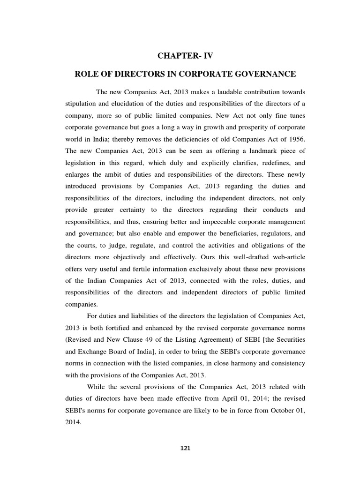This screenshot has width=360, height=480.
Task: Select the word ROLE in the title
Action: tap(87, 74)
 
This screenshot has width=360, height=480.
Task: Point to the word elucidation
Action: tap(126, 104)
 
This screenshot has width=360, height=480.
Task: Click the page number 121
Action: tap(186, 448)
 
